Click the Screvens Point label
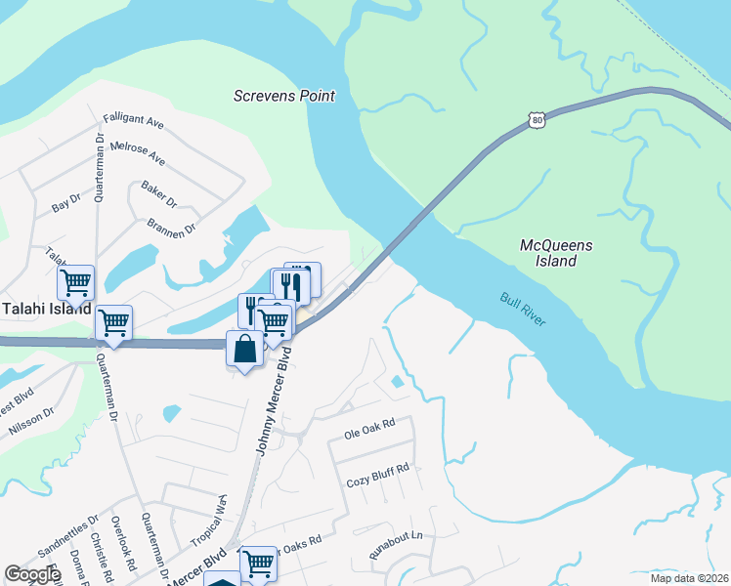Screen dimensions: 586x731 point(284,96)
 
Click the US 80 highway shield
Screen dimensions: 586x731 point(537,119)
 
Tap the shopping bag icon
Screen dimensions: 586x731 point(244,350)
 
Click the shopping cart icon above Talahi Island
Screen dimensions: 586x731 point(75,282)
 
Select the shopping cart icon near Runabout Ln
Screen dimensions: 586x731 point(258,562)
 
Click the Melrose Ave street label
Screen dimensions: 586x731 point(138,152)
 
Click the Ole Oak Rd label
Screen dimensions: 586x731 point(368,426)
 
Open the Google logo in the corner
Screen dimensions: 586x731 point(32,574)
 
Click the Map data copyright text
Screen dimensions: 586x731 point(689,577)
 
